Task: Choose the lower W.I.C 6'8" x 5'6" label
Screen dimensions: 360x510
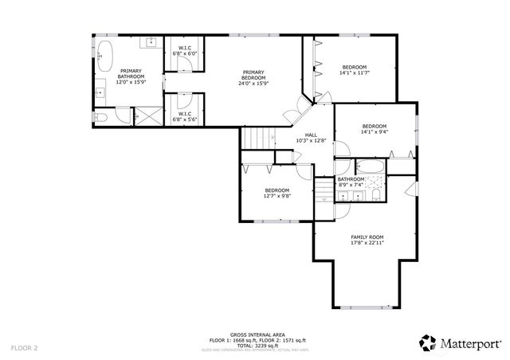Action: [184, 116]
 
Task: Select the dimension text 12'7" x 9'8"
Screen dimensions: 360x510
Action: [277, 195]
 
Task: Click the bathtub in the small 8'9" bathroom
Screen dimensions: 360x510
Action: [369, 167]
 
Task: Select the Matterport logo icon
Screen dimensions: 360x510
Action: [427, 342]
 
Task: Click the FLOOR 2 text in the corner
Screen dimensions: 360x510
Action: [25, 348]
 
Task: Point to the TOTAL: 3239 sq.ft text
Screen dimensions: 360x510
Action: [254, 345]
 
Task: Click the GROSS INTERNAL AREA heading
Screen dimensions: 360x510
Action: [254, 335]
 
